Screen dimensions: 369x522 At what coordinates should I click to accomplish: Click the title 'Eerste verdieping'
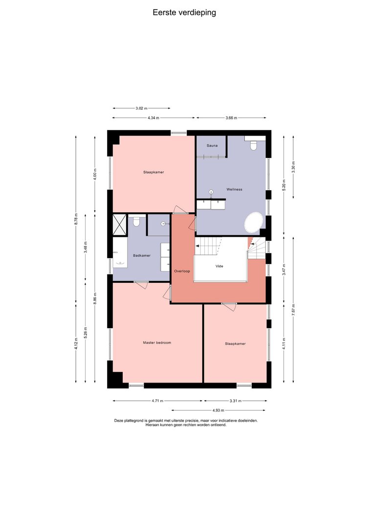coord(184,13)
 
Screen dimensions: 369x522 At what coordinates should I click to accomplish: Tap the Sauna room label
coord(212,145)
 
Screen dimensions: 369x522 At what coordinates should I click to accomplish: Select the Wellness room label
coord(235,189)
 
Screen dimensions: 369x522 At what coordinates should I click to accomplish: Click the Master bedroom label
coord(157,342)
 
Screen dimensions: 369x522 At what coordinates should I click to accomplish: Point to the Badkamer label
coord(142,256)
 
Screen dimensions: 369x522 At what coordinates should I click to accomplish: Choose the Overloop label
coord(182,271)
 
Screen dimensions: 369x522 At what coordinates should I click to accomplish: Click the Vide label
coord(219,266)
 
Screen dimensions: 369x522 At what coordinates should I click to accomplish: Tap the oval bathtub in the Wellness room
coord(254,222)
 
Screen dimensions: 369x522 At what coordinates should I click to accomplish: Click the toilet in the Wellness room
coord(254,145)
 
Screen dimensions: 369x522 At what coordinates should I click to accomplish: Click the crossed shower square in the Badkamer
coord(120,225)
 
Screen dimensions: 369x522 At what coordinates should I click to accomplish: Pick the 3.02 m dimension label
coord(141,108)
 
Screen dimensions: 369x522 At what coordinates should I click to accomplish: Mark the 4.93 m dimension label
coord(218,410)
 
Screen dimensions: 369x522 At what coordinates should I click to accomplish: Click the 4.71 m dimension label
coord(157,401)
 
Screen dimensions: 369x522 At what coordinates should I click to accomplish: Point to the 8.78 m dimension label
coord(76,219)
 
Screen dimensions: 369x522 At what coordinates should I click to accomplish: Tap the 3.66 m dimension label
coord(231,117)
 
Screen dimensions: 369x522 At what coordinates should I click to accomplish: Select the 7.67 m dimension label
coord(293,310)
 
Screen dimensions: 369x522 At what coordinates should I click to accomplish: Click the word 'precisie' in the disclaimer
coord(189,420)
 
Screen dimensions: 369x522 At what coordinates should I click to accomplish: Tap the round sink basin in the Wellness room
coord(211,192)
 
